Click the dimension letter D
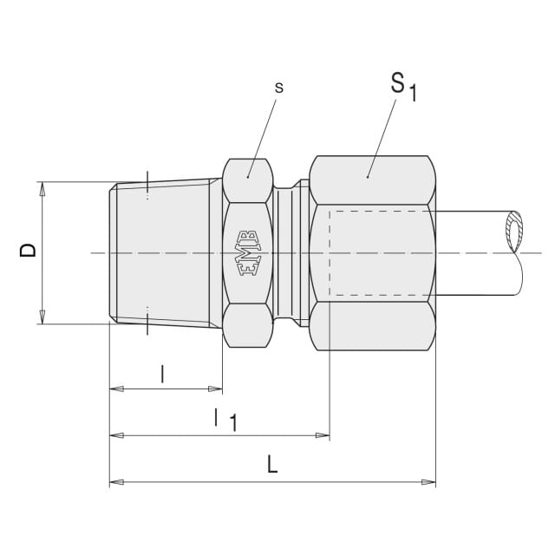[28, 250]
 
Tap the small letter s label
[279, 88]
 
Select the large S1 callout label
[403, 86]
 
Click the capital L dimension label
[271, 465]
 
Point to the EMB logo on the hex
[248, 253]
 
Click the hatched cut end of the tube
[514, 232]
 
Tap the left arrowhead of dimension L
[116, 482]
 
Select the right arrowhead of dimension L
[428, 482]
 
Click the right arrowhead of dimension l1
[323, 435]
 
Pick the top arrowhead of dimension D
[42, 189]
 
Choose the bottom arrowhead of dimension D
[42, 317]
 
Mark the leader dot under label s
[248, 177]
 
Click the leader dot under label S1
[368, 177]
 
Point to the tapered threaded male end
[166, 253]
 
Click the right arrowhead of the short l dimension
[216, 388]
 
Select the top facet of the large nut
[372, 180]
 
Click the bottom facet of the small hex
[248, 325]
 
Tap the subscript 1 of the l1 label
[233, 422]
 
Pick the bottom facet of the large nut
[372, 326]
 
